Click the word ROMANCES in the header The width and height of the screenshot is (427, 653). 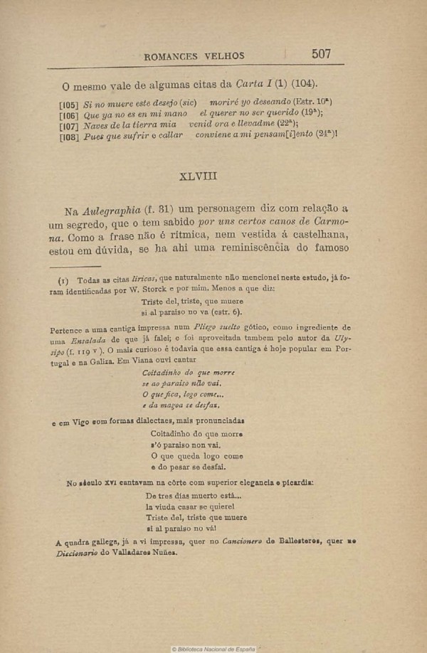coord(174,56)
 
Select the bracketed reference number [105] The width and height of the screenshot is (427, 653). coord(69,104)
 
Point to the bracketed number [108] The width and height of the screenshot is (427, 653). coord(69,135)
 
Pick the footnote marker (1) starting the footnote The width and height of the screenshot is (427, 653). coord(63,280)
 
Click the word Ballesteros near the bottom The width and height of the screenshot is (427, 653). coord(290,542)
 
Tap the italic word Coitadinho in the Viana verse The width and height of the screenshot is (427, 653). coord(166,373)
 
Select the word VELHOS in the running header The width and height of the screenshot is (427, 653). coord(224,56)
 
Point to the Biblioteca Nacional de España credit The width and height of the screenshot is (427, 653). coord(213,649)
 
